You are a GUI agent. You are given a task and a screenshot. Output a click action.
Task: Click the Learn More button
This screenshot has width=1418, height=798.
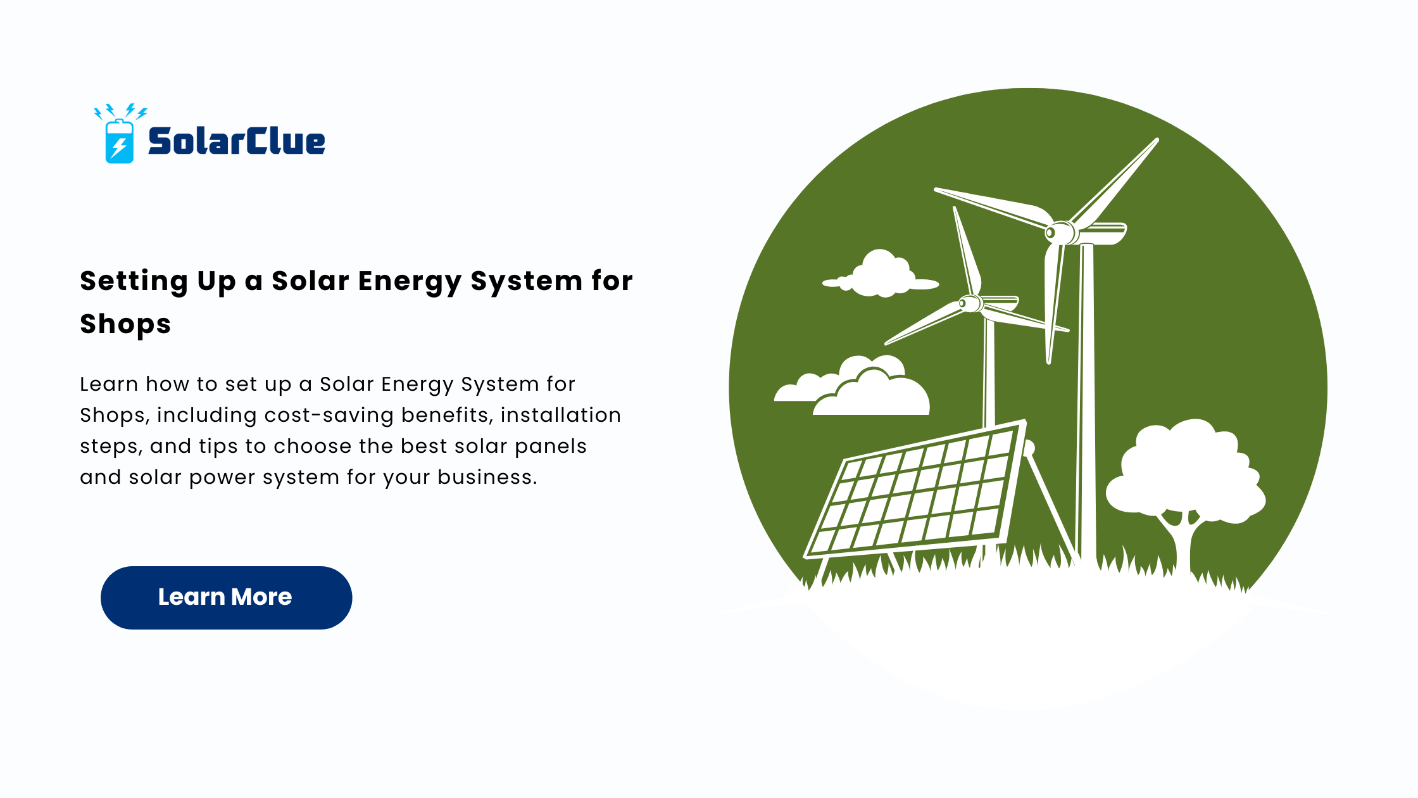coord(226,597)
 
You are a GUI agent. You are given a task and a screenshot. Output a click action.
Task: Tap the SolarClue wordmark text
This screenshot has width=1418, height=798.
coord(237,141)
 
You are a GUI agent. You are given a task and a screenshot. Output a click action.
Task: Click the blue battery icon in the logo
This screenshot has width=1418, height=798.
coord(119,141)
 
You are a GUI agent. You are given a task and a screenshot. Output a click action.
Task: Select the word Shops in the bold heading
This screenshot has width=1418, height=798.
coord(125,324)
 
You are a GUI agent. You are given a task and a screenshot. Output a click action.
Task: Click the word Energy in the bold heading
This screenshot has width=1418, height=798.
coord(409,281)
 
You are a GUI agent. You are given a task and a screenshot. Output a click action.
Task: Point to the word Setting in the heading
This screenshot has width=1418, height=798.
coord(134,281)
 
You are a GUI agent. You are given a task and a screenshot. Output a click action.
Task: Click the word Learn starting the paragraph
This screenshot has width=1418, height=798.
coord(109,384)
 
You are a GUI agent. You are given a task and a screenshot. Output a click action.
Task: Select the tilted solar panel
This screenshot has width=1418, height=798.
coord(915,491)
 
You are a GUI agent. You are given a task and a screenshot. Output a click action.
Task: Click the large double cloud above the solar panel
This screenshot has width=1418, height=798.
coord(855,388)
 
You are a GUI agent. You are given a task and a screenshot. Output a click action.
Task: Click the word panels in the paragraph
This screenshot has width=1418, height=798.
coord(551,446)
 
